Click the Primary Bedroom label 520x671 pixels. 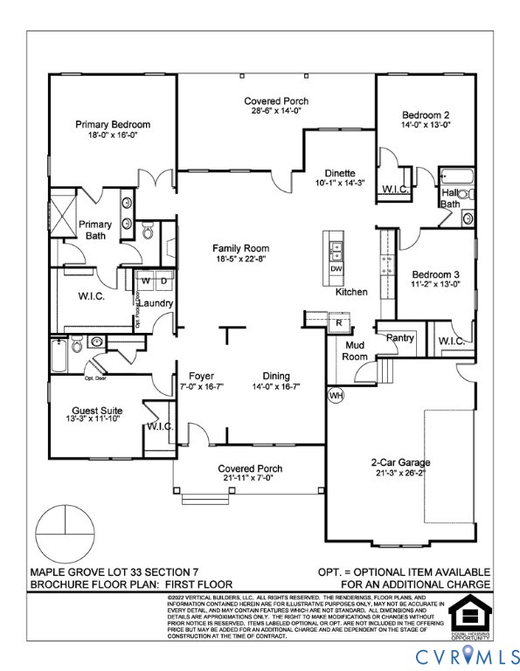click(112, 125)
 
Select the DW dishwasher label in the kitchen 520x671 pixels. click(336, 269)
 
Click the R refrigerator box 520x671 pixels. click(338, 323)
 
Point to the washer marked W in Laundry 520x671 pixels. click(144, 280)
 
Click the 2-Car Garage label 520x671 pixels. click(401, 462)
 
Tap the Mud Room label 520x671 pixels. click(355, 350)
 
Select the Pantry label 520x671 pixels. click(399, 337)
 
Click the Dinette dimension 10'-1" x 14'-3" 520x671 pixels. click(340, 183)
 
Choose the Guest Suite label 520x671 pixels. click(97, 410)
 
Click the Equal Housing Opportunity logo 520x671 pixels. click(469, 614)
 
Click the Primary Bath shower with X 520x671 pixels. click(64, 218)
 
